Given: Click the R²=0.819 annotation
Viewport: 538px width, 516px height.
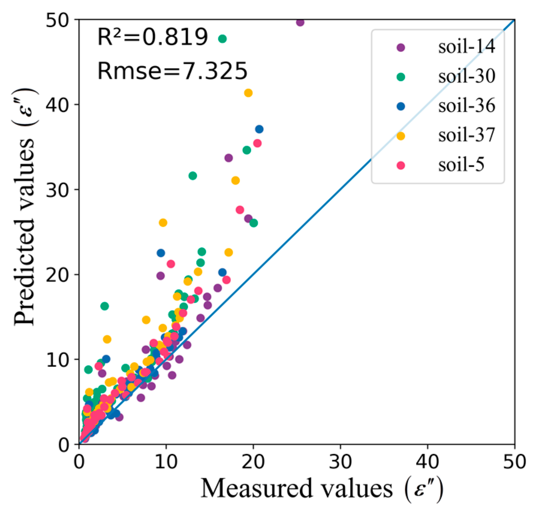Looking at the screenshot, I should (x=152, y=37).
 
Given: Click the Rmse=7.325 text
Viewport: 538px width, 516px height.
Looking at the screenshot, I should (x=172, y=71).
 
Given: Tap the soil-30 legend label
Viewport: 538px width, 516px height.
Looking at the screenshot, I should (x=466, y=77).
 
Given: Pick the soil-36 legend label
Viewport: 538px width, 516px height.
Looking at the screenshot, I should (x=466, y=106).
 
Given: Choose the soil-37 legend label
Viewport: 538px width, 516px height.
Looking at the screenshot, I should (x=466, y=136).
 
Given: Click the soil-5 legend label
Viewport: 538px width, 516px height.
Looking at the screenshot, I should (x=461, y=165).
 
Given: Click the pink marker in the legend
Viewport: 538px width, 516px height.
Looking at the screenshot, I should (x=401, y=165).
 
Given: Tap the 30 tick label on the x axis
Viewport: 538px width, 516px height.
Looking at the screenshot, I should (x=340, y=462).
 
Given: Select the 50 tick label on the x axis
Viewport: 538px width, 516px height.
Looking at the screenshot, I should (x=514, y=462).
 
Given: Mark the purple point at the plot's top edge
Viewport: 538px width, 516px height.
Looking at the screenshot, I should (x=300, y=22).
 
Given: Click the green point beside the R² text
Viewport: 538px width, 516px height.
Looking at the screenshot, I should (x=222, y=39).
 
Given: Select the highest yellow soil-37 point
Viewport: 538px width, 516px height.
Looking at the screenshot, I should (x=248, y=93).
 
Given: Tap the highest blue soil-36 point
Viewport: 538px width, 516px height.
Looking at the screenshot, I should (x=259, y=129).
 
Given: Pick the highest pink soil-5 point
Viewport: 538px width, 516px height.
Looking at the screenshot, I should (x=257, y=143).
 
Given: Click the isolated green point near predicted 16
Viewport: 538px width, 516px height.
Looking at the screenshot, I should (x=104, y=306).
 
